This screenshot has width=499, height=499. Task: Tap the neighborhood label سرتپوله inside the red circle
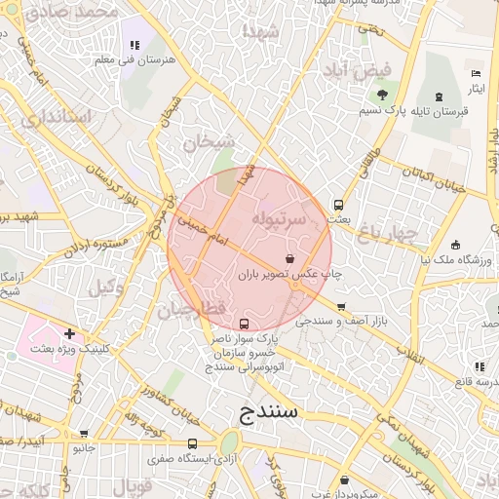point(280,220)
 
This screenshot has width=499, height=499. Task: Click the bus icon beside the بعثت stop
point(338,205)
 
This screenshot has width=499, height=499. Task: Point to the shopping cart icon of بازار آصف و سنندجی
point(340,306)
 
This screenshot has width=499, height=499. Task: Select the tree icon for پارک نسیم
point(382,96)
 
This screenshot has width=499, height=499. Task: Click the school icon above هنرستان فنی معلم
point(134,45)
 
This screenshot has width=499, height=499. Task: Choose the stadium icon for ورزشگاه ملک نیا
point(455,244)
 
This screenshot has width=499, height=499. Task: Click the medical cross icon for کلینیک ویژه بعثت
point(69,333)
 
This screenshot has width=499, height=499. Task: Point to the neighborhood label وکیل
point(106,288)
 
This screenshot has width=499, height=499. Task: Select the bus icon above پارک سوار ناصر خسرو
point(244,324)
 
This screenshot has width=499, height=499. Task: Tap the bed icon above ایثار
point(476,74)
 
